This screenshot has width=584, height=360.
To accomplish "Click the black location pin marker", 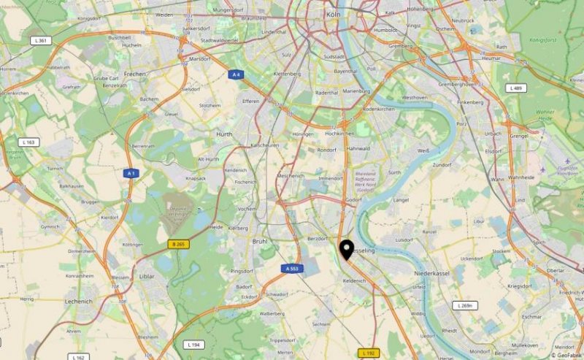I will click(x=347, y=250).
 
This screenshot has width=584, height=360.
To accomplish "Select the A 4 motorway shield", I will click(x=236, y=74).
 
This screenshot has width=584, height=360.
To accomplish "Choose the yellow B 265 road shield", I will click(x=177, y=244).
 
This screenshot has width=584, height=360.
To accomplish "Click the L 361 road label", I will click(x=42, y=40).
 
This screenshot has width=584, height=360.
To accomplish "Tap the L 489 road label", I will click(x=515, y=88).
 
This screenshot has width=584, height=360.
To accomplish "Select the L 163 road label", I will click(x=30, y=142).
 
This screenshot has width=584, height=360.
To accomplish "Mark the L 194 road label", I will click(x=193, y=344).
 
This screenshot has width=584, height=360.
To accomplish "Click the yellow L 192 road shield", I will click(x=369, y=353).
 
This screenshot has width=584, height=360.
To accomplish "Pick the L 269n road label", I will click(x=464, y=305).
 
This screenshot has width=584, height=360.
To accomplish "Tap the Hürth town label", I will click(x=224, y=134).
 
